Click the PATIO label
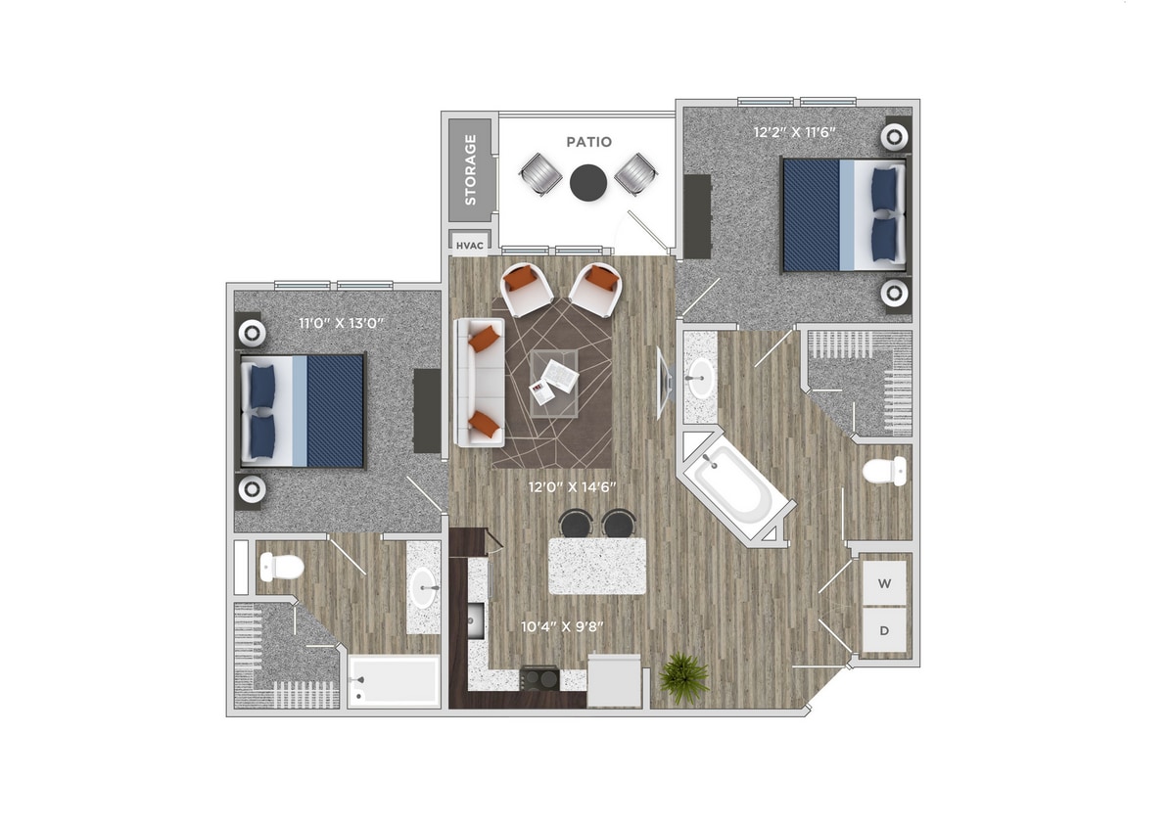[588, 142]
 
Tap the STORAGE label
[471, 168]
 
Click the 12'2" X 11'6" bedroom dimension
[794, 131]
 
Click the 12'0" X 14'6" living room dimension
[572, 486]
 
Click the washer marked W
[884, 584]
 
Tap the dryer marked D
[884, 631]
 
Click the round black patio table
[588, 181]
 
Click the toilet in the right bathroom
[886, 472]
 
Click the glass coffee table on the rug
[554, 383]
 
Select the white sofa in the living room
[479, 382]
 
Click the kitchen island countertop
[597, 566]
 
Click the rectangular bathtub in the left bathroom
[395, 680]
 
